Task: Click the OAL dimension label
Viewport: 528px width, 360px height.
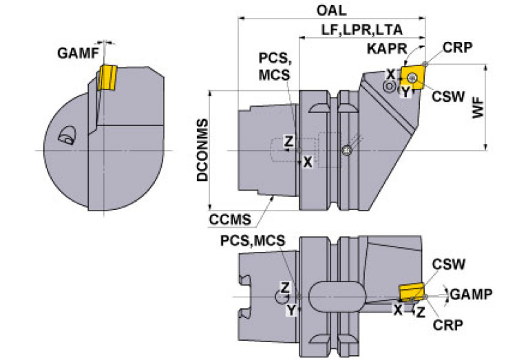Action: [x=331, y=10]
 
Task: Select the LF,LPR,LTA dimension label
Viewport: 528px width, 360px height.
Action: [x=361, y=30]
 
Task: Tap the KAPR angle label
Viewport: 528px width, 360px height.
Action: [x=387, y=49]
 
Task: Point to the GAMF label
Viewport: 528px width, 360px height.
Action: [x=78, y=53]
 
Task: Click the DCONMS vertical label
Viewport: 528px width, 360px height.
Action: [x=202, y=150]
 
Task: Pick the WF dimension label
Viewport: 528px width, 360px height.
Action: [x=478, y=108]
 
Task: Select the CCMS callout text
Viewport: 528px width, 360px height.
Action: [x=230, y=220]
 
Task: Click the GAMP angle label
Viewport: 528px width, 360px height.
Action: [x=471, y=295]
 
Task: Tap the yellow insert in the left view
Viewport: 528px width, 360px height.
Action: [x=107, y=78]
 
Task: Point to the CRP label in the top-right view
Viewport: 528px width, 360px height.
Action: [x=457, y=47]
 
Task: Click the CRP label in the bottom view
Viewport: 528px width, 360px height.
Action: [x=448, y=325]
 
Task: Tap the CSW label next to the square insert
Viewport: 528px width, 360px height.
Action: [x=448, y=96]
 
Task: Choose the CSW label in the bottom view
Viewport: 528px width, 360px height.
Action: [x=449, y=264]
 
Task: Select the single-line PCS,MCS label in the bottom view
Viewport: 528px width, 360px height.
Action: [x=253, y=241]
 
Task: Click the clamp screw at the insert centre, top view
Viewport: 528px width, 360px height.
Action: [x=412, y=78]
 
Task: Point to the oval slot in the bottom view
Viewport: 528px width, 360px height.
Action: [x=337, y=297]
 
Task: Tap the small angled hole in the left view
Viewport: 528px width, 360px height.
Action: [x=67, y=136]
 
